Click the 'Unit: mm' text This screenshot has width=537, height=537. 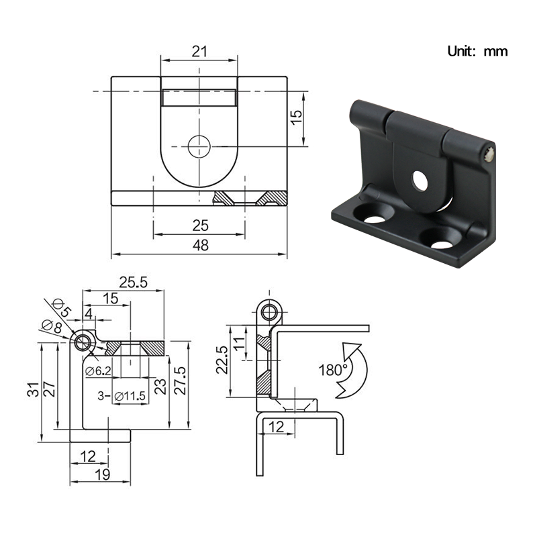pos(477,51)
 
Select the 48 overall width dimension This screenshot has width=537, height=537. pos(200,245)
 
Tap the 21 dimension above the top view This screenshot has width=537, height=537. pos(199,51)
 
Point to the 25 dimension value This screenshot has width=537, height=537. pos(200,225)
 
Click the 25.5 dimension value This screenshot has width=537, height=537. pos(133,283)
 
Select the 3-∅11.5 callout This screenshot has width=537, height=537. pos(121,396)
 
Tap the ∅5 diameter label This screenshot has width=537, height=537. pos(61,309)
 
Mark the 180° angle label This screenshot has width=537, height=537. pos(334,369)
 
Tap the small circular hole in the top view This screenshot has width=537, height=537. pos(199,146)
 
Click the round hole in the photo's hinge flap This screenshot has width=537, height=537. pos(421,180)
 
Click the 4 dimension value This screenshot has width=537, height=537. pos(88,313)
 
